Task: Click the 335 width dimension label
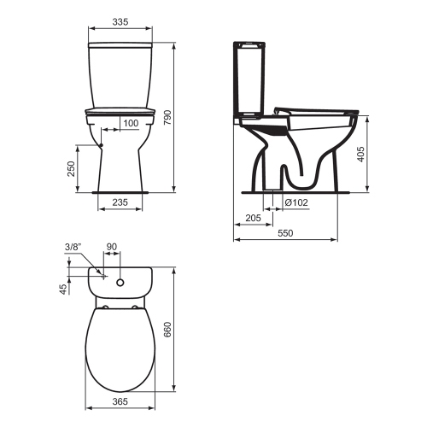(x=121, y=25)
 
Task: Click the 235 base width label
(x=120, y=202)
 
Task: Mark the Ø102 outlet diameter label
(x=296, y=202)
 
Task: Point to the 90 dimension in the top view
(x=111, y=248)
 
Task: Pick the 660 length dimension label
(x=181, y=329)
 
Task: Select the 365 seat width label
(x=120, y=401)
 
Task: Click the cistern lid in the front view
(x=121, y=44)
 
